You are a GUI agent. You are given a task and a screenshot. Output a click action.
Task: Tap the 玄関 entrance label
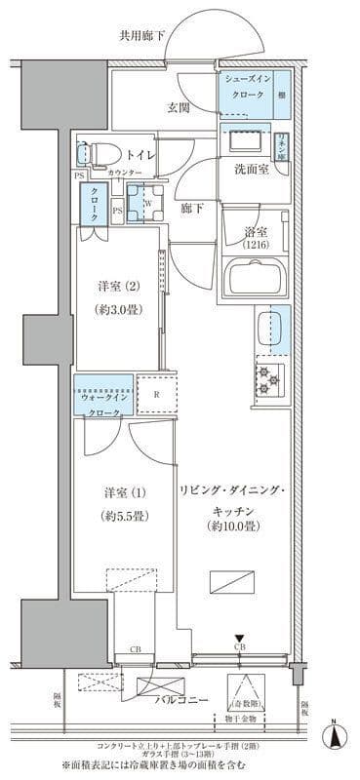click(178, 107)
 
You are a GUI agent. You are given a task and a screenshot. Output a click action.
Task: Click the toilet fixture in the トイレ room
click(98, 153)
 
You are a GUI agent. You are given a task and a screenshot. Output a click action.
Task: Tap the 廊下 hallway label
click(191, 207)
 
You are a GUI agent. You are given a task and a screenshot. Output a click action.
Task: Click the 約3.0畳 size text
click(115, 312)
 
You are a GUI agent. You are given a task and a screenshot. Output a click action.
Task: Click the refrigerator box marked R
click(156, 396)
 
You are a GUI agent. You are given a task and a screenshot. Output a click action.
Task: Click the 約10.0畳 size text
click(231, 527)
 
